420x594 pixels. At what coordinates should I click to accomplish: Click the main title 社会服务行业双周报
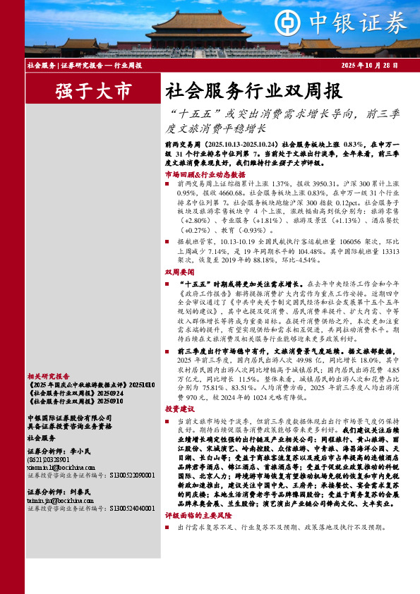pos(253,91)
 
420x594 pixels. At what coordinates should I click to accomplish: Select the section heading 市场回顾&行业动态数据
pos(205,174)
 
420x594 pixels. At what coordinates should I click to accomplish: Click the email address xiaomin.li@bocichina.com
pos(61,467)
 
